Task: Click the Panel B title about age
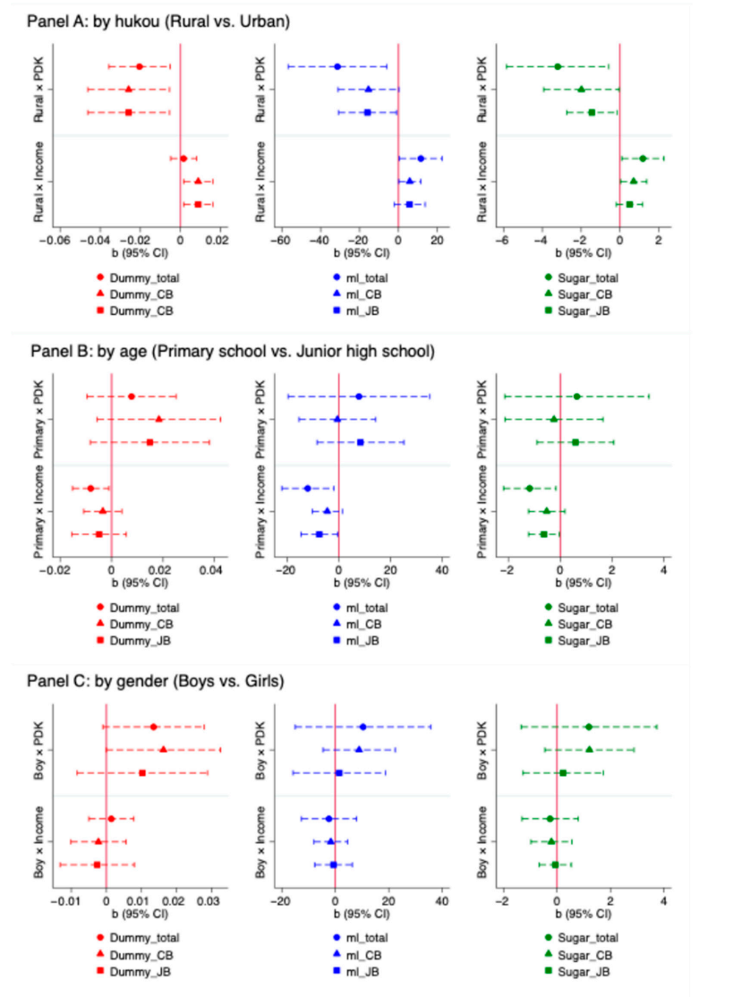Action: tap(232, 352)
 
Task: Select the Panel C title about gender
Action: tap(157, 681)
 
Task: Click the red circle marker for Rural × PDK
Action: tap(139, 66)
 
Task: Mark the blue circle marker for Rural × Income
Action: tap(421, 158)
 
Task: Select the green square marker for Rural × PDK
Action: tap(592, 112)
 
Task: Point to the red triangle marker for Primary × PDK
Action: tap(159, 419)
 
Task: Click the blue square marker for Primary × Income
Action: tap(319, 534)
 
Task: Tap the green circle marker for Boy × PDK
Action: tap(588, 727)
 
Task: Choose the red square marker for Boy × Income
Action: tap(97, 865)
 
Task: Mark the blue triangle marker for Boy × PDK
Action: tap(359, 749)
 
